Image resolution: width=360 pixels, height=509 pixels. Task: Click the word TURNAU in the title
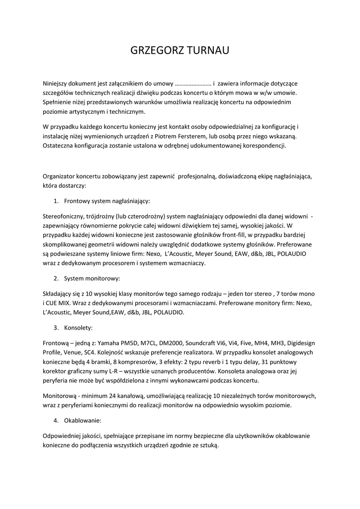207,51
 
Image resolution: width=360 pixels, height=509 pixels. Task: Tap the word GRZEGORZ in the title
155,51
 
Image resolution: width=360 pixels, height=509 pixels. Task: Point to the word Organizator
62,176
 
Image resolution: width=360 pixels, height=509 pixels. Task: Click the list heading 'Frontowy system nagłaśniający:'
107,201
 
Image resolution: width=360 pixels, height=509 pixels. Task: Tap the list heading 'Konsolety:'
78,328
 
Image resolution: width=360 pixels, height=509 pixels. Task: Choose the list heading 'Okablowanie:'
83,421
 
